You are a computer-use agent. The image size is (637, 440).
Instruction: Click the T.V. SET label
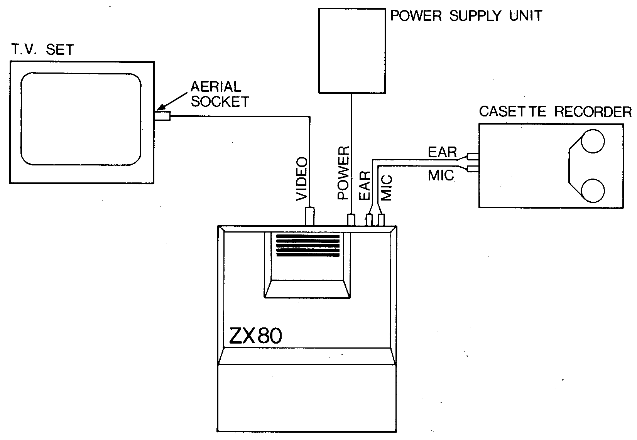(x=41, y=50)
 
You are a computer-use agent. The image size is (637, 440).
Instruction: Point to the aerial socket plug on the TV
(x=162, y=116)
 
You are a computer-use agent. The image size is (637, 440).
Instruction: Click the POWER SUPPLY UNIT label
(x=466, y=16)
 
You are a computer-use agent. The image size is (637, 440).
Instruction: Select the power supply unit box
(x=352, y=51)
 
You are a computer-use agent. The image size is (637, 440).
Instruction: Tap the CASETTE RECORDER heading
(x=555, y=112)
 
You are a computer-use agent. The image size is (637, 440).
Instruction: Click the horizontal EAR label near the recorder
(x=442, y=152)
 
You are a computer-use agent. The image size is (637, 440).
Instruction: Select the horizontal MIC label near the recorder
(x=441, y=176)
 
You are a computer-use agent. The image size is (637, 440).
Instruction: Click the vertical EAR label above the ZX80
(x=365, y=186)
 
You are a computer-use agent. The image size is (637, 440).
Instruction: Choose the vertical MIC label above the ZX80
(x=386, y=188)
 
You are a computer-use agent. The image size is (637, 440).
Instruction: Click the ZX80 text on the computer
(x=255, y=336)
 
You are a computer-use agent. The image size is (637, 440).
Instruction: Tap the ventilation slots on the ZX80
(x=308, y=245)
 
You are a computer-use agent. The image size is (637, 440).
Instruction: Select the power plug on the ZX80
(x=351, y=220)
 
